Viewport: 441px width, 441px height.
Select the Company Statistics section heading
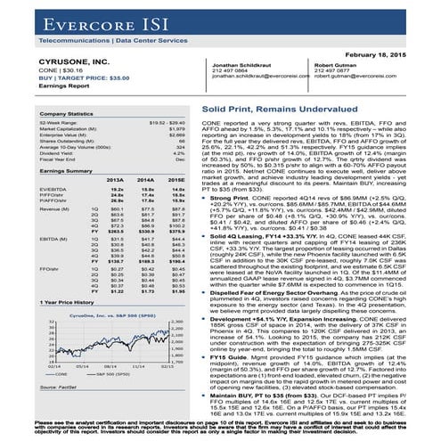[43, 115]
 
